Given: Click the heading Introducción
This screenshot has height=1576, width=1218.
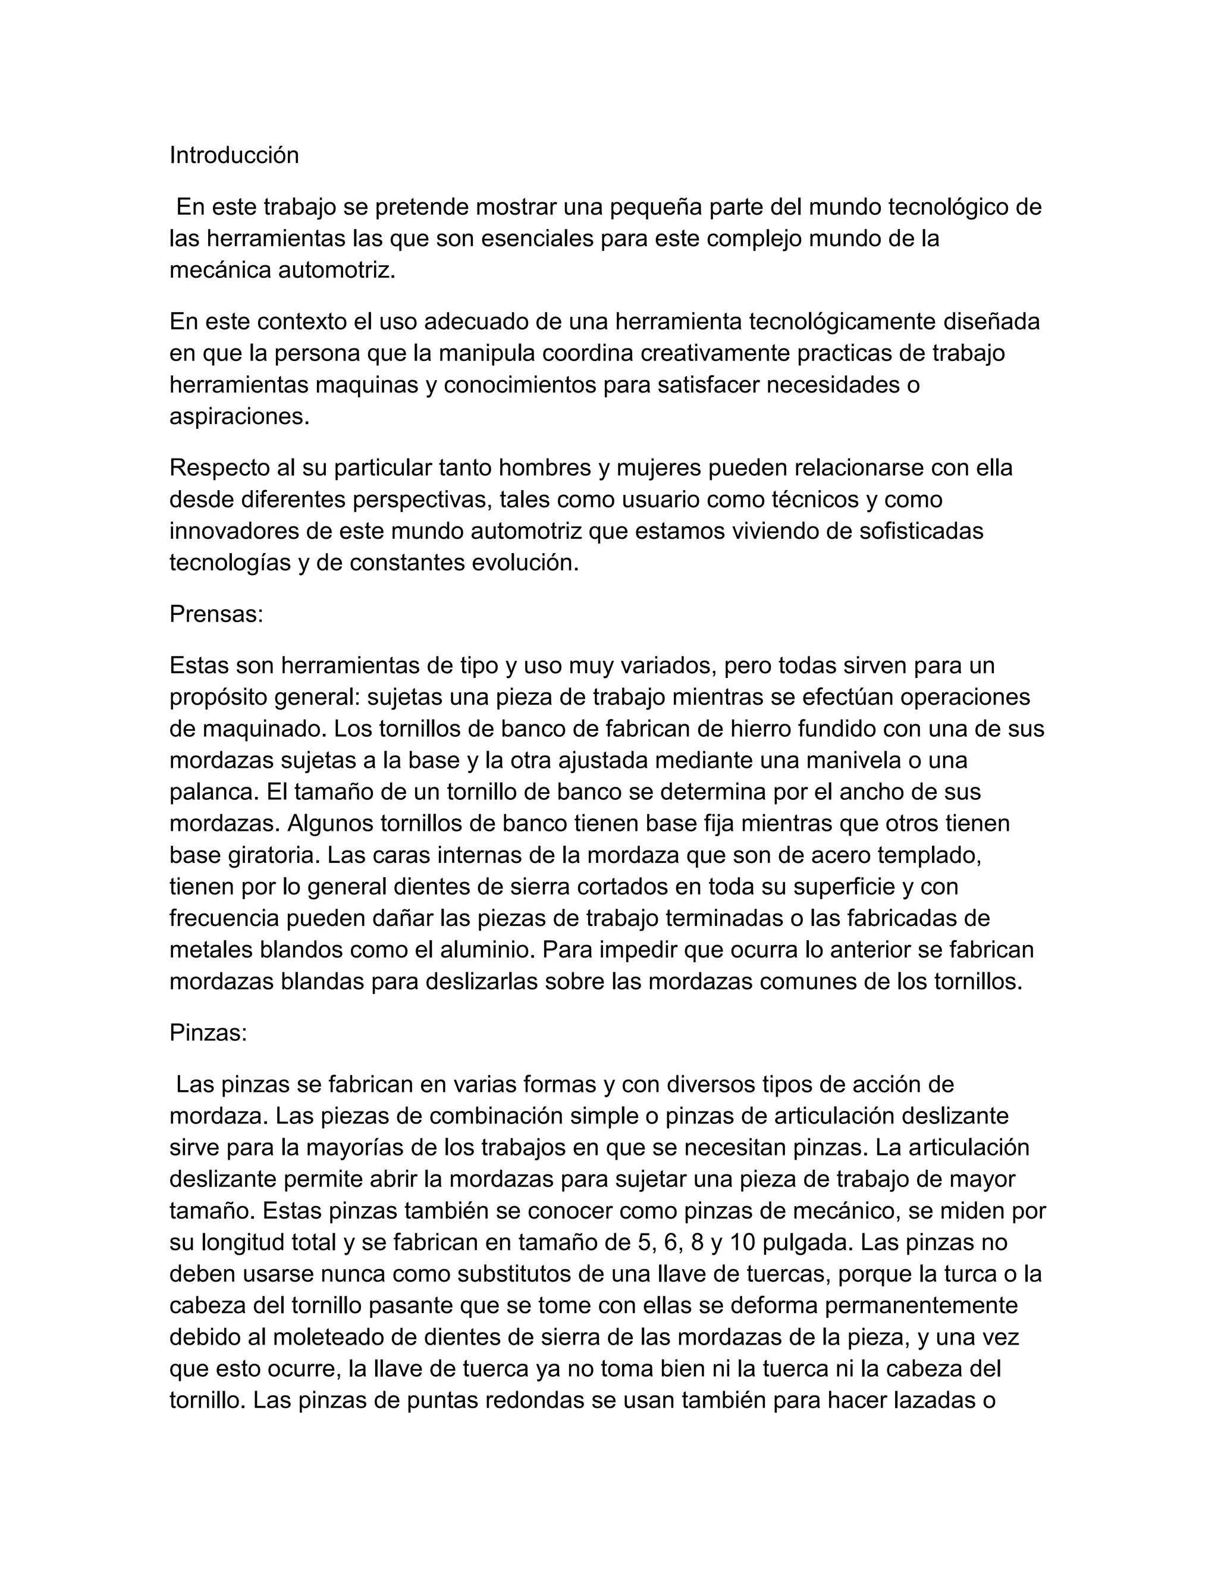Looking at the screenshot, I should (x=234, y=155).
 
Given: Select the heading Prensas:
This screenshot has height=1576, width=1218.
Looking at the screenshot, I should (x=216, y=614).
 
